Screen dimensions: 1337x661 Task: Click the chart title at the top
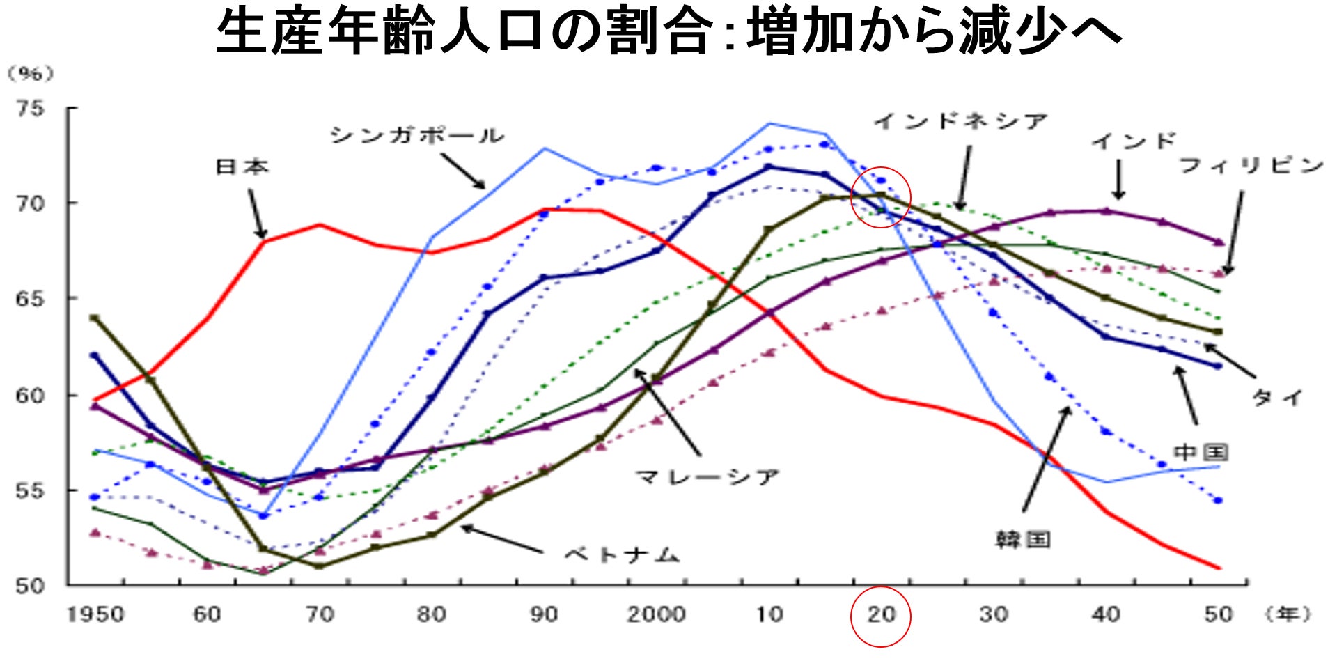pos(668,32)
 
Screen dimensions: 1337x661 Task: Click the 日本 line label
pos(242,166)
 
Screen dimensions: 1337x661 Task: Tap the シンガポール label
pos(416,134)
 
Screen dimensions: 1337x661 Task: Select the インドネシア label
pos(961,121)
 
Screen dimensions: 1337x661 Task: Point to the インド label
pos(1134,141)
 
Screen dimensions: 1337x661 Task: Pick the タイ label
pos(1277,398)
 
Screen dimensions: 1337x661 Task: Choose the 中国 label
pos(1201,452)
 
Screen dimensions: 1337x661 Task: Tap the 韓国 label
pos(1022,539)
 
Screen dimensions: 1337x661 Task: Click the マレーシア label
pos(707,477)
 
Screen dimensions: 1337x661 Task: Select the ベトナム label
pos(621,555)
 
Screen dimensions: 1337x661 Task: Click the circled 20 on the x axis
pos(881,615)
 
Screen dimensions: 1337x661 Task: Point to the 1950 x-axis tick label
pos(95,614)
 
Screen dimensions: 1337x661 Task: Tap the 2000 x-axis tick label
pos(656,614)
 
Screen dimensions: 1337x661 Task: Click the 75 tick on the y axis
pos(30,108)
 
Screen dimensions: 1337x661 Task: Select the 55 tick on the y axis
pos(30,490)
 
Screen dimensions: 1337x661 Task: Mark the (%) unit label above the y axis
pos(30,74)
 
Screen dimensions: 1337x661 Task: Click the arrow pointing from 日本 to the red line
pos(257,215)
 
